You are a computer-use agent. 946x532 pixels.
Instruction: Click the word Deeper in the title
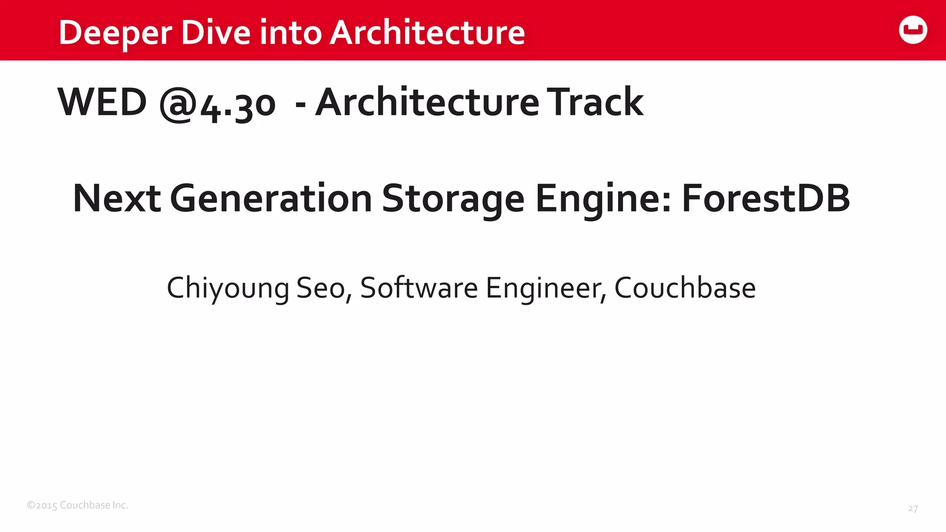pos(115,33)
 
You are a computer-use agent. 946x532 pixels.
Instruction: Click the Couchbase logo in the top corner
pos(913,30)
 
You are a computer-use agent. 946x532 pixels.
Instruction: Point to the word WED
pos(102,102)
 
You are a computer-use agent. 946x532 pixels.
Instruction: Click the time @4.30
pos(217,104)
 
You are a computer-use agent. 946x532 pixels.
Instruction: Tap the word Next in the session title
pos(117,198)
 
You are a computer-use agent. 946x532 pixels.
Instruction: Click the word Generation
pos(271,199)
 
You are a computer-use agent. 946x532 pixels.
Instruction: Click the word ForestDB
pos(766,198)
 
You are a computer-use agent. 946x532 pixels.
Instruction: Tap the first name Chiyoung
pos(228,288)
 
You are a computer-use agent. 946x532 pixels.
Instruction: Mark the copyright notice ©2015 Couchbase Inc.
pos(78,505)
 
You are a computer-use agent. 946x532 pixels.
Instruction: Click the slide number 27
pos(913,508)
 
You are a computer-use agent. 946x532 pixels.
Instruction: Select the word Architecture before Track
pos(427,102)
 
